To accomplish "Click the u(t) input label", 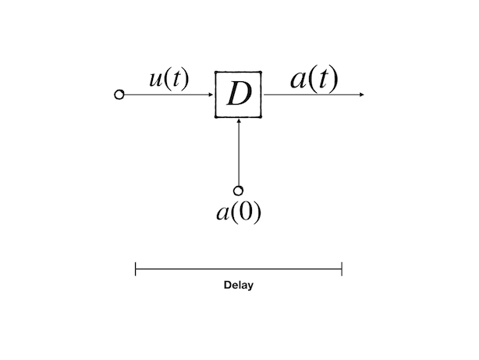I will coord(169,79).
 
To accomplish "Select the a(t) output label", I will coord(314,79).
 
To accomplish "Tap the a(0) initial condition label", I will coord(238,212).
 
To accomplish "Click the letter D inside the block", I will coord(238,95).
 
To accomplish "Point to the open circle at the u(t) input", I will coord(119,94).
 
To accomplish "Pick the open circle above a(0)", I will coord(238,191).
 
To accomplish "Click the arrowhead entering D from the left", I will coord(211,94).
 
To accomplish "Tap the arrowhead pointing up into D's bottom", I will coord(238,121).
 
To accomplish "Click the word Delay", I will coord(238,285).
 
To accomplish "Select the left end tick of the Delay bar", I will coord(136,269).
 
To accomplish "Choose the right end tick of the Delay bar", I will coord(342,269).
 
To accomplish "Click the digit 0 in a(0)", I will coord(245,212).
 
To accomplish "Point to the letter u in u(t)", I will coord(155,80).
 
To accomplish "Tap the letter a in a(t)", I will coord(298,80).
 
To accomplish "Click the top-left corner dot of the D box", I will coord(216,73).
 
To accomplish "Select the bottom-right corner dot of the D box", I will coord(261,117).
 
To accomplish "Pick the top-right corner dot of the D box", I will coord(261,73).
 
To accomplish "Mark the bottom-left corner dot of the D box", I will coord(216,117).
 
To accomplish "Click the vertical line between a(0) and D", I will coord(238,156).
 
